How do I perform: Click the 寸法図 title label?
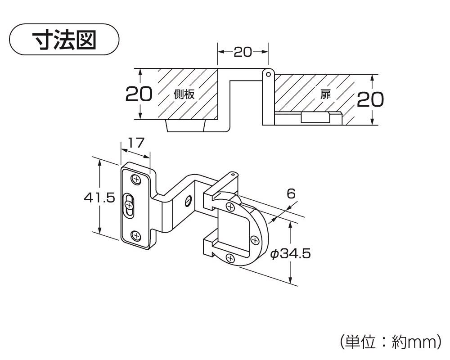64,40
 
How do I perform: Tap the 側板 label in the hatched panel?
184,94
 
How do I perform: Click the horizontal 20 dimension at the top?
243,52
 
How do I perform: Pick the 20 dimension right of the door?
370,99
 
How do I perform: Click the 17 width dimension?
135,143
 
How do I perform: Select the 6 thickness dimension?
291,194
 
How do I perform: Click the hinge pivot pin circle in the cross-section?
268,72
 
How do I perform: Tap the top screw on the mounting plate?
135,180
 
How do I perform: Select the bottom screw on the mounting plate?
135,234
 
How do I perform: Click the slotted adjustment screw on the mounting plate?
129,206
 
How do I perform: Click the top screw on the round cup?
230,207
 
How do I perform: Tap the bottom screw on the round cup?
230,258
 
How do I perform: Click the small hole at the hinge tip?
232,173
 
